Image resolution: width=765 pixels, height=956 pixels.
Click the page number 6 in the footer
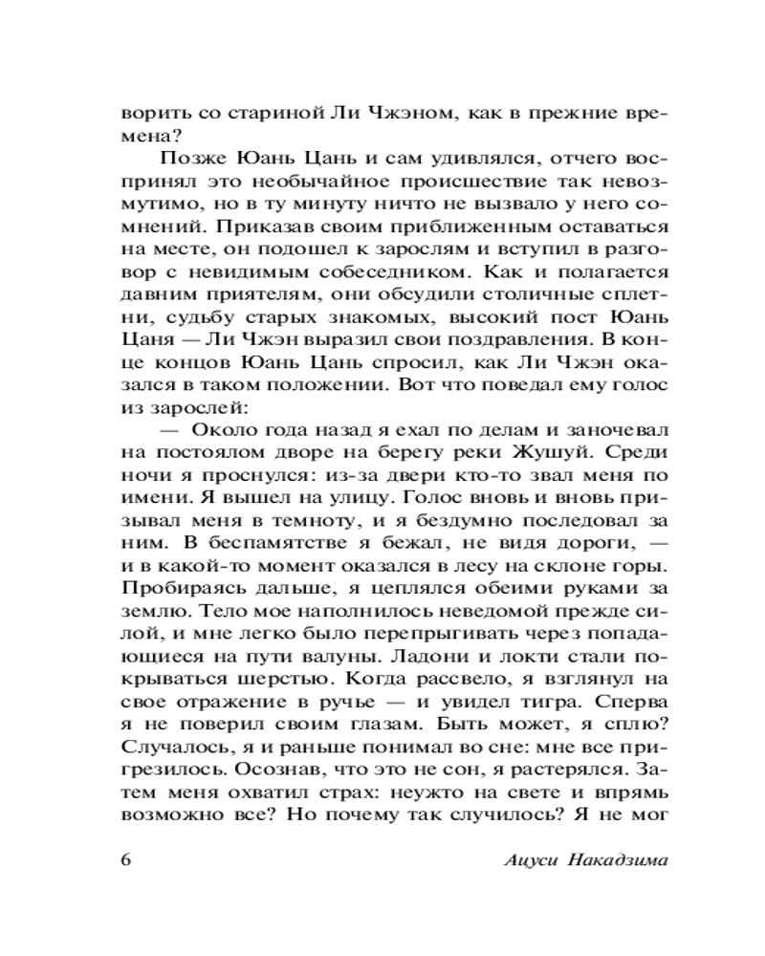[127, 857]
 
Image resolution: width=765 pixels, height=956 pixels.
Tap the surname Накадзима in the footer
[619, 858]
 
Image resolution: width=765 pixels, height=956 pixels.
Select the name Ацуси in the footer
[533, 858]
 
